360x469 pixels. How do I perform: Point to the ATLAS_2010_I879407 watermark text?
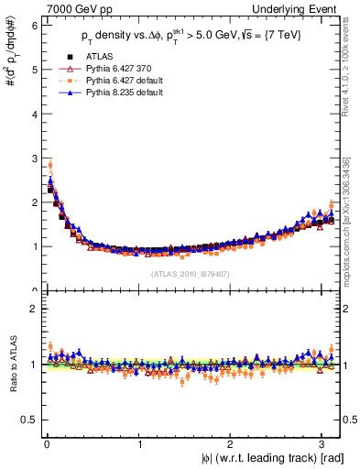(191, 274)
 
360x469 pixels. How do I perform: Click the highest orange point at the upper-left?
(49, 166)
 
